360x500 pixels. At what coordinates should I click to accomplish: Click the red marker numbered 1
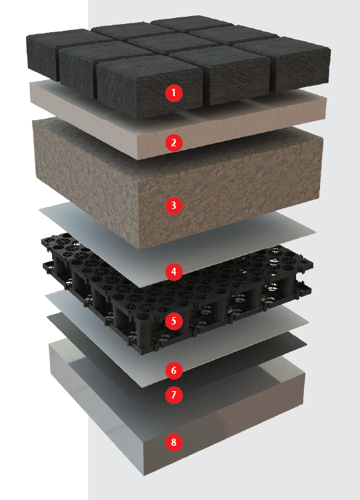(x=174, y=93)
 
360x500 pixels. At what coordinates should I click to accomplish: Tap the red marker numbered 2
(x=174, y=143)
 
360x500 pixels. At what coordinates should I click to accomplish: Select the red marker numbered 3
(x=174, y=205)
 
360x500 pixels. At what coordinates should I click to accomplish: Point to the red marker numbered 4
(x=174, y=272)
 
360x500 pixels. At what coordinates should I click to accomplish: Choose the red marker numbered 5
(x=174, y=320)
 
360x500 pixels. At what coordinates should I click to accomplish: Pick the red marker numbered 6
(x=174, y=370)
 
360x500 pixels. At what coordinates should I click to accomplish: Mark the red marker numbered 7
(x=174, y=395)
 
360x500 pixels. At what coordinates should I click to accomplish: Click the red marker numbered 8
(x=174, y=443)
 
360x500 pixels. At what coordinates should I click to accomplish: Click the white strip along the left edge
(x=44, y=250)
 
